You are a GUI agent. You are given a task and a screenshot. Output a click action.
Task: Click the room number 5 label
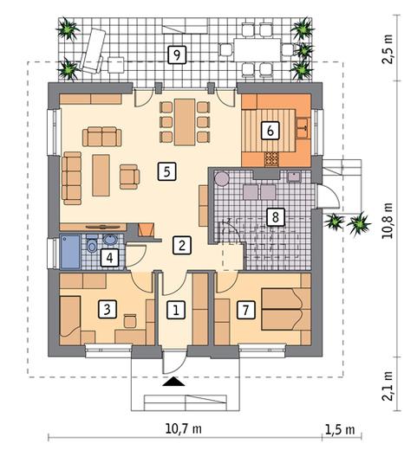click(167, 171)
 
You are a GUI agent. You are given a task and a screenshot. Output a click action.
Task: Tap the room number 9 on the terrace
click(177, 55)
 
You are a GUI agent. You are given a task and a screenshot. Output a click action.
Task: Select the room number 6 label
click(270, 131)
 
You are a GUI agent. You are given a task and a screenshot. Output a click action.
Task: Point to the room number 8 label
click(275, 216)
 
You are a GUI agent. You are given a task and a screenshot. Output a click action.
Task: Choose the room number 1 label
click(176, 310)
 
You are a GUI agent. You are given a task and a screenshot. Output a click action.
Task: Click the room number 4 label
click(109, 258)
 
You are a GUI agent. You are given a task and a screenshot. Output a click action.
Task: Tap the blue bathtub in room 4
click(69, 252)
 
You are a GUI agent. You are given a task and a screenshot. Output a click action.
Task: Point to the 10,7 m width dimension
click(183, 429)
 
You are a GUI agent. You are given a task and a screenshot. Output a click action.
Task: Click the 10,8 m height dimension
click(388, 221)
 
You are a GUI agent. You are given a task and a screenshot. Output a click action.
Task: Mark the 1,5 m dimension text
click(340, 430)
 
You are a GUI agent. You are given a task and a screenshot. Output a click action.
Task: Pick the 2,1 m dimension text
click(388, 386)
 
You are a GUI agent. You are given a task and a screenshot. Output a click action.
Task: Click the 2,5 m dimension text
click(388, 49)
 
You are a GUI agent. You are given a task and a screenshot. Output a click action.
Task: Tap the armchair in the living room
click(130, 177)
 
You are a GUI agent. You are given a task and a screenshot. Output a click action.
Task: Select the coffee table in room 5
click(101, 175)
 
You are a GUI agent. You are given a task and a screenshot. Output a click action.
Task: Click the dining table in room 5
click(185, 122)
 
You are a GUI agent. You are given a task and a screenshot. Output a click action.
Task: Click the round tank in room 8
click(222, 178)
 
